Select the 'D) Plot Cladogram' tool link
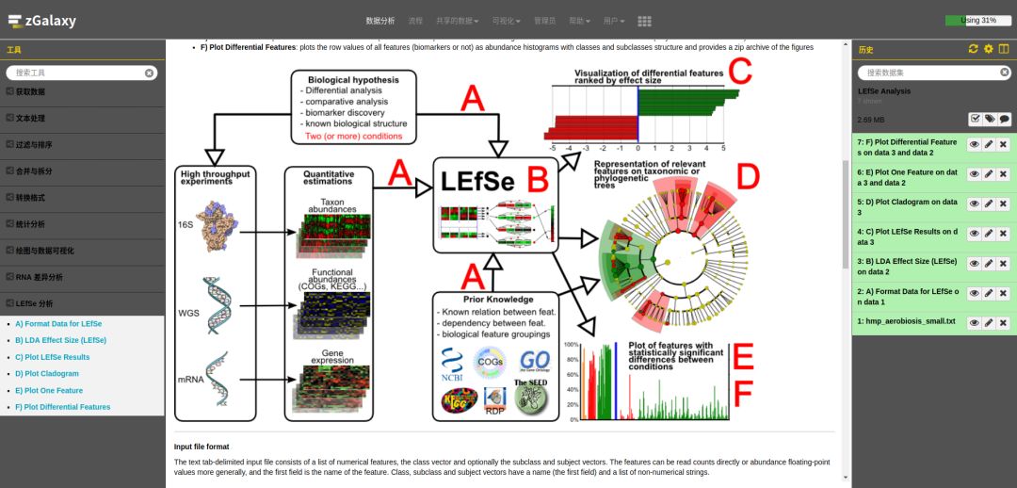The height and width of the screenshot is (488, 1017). point(47,374)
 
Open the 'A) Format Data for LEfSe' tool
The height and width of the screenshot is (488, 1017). point(58,324)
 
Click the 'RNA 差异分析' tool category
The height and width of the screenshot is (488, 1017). point(40,278)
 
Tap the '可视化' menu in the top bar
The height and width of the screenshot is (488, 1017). point(506,21)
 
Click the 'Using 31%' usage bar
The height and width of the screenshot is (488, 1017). point(977,20)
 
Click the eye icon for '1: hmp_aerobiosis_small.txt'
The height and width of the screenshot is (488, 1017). point(974,322)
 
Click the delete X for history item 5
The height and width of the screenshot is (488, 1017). point(1004,203)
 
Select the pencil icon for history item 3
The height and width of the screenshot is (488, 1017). point(989,264)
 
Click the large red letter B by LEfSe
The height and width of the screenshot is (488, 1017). point(538,178)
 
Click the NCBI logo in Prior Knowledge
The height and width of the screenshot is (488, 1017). point(451,365)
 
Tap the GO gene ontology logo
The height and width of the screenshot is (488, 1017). point(534,362)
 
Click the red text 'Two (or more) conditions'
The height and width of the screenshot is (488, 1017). point(353,136)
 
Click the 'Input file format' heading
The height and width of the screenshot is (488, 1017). point(202,446)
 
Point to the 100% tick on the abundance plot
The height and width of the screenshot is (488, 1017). point(571,345)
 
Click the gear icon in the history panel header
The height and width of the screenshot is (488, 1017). point(988,49)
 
